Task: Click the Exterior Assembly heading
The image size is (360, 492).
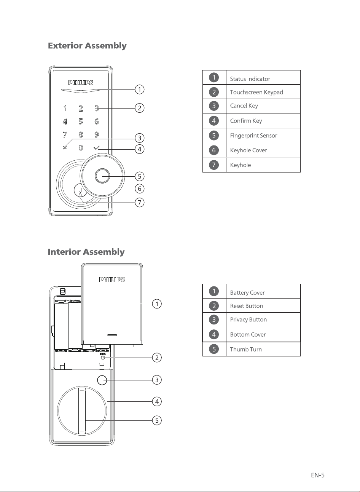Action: [x=87, y=46]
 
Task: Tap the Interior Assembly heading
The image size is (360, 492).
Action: [x=86, y=252]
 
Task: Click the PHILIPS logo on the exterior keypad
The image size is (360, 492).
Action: [x=81, y=83]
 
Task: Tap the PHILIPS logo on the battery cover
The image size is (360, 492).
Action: [x=112, y=280]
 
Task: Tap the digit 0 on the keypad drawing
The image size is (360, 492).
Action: [x=81, y=148]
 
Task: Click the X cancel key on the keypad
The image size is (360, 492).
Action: [x=65, y=148]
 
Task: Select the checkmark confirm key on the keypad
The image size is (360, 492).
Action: [x=97, y=148]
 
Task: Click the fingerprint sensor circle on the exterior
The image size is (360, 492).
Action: [x=102, y=176]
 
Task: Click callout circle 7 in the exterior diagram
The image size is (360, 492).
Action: [x=139, y=202]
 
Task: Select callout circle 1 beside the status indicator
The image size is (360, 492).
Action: [x=139, y=89]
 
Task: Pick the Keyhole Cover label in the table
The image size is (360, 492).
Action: [x=248, y=150]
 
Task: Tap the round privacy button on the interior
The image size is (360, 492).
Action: [x=102, y=380]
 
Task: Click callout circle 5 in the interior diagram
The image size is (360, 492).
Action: [x=157, y=420]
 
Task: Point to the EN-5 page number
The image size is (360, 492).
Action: [x=318, y=475]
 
